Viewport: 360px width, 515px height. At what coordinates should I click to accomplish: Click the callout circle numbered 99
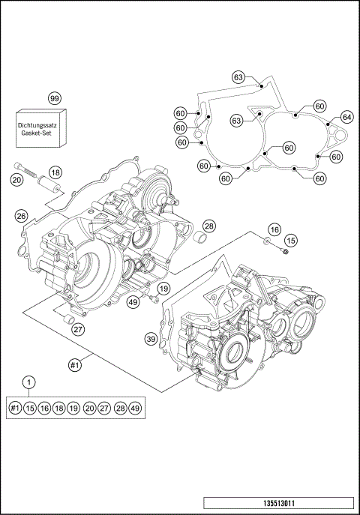53,99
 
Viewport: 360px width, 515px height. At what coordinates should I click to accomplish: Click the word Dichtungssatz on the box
41,121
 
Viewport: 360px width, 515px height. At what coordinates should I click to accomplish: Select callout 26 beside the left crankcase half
22,217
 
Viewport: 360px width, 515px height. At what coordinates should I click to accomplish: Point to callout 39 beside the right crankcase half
151,340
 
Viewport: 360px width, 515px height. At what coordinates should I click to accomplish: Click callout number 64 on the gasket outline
346,117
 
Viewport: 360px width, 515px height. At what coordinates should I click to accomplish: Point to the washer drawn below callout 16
268,241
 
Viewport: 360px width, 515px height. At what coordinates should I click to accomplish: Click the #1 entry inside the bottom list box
16,408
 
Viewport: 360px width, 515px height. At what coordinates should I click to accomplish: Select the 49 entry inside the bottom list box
135,408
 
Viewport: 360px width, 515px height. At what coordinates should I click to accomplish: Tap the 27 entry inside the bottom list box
104,408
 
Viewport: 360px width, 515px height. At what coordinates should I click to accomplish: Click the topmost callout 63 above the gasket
238,77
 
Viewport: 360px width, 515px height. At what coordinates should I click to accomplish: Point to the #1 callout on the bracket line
74,364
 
